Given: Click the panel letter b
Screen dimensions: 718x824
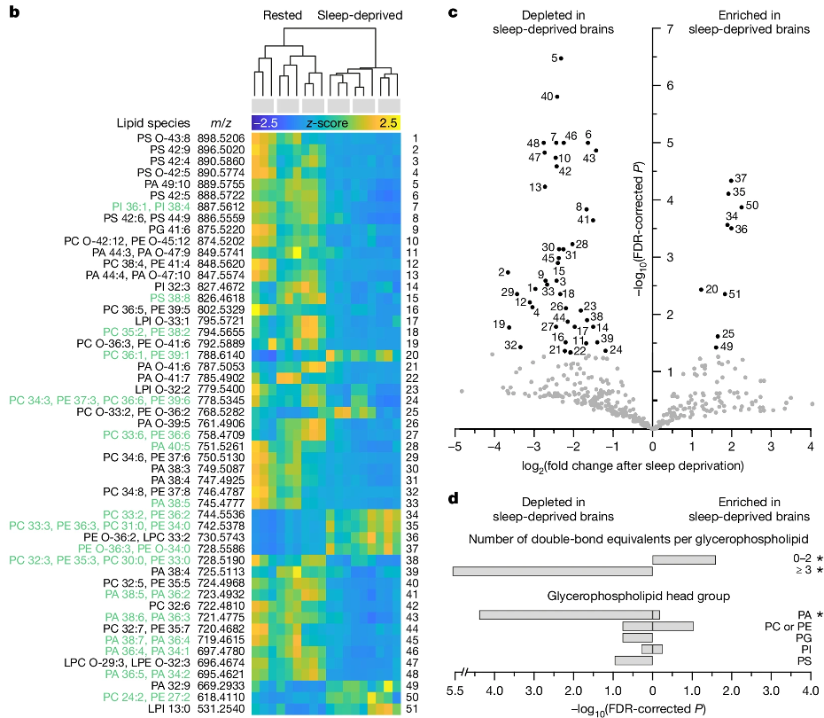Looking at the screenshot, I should pos(13,12).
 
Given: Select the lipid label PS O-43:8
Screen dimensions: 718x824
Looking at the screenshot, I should pos(164,139).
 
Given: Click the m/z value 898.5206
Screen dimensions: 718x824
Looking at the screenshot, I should pos(222,139).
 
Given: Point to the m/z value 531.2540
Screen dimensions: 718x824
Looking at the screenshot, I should pos(222,709).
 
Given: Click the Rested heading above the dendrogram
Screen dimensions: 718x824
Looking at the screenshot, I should pos(281,16).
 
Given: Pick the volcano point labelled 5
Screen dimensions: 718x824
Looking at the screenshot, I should pos(561,59).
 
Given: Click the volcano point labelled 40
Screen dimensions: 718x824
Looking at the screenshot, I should pos(556,97).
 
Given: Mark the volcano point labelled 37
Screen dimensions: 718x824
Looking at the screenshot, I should pos(731,181).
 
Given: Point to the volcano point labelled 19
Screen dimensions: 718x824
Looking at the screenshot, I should pos(509,327).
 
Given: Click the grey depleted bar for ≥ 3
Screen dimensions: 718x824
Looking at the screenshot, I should pos(552,571).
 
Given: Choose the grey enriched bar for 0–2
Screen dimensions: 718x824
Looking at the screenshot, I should pos(683,559).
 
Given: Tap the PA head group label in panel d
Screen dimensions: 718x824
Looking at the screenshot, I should pos(804,614).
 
